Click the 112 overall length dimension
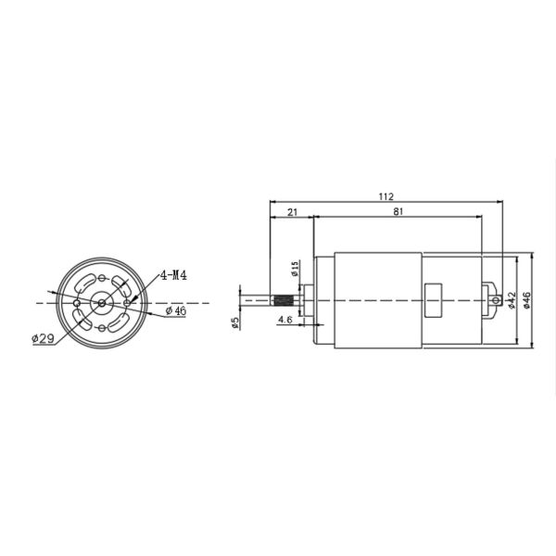tap(386, 196)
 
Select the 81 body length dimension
tap(398, 211)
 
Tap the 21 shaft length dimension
tap(292, 212)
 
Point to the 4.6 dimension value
tap(285, 320)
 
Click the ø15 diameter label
tap(295, 269)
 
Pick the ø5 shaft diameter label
tap(235, 322)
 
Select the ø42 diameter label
tap(512, 300)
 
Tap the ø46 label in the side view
tap(527, 300)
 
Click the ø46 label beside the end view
tap(176, 311)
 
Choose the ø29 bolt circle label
tap(43, 338)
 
